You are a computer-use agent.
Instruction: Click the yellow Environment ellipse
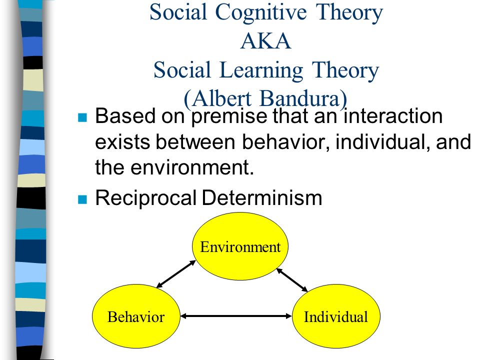[x=240, y=246]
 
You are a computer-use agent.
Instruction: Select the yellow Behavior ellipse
[x=136, y=316]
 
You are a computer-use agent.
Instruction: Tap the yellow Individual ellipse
[x=336, y=316]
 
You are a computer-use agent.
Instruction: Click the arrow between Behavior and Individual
[x=236, y=316]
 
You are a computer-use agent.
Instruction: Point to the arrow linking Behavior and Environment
[x=176, y=274]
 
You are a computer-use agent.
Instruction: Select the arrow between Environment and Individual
[x=292, y=280]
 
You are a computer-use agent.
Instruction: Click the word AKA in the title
[x=265, y=41]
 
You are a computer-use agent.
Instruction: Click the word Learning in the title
[x=261, y=71]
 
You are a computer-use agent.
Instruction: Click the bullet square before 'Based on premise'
[x=82, y=117]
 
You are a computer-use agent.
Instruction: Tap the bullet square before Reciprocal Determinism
[x=82, y=199]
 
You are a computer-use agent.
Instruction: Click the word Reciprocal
[x=145, y=198]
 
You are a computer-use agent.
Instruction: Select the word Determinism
[x=262, y=198]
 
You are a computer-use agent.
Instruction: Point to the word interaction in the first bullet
[x=393, y=116]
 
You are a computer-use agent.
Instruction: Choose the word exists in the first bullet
[x=122, y=142]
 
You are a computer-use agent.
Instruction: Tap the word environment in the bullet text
[x=192, y=168]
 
